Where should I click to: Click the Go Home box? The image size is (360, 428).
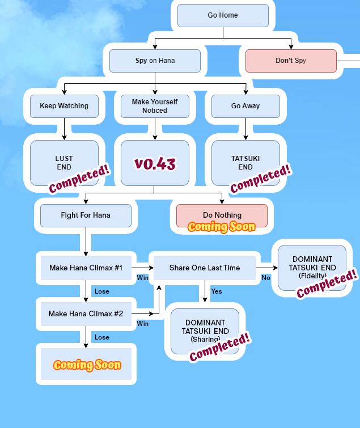[x=223, y=15]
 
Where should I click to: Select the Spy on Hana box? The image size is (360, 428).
[x=155, y=61]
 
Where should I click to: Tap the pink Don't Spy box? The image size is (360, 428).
[x=291, y=61]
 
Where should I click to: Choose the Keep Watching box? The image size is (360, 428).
[x=64, y=106]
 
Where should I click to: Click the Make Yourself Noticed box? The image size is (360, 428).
[x=155, y=106]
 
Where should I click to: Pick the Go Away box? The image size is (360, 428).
[x=245, y=106]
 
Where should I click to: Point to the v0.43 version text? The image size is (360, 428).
[x=155, y=164]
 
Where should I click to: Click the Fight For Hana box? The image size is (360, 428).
[x=86, y=215]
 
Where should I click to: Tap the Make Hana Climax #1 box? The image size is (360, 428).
[x=86, y=268]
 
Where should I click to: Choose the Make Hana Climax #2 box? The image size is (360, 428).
[x=86, y=313]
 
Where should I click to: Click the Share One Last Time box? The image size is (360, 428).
[x=205, y=268]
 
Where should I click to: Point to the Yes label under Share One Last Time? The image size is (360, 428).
[x=217, y=291]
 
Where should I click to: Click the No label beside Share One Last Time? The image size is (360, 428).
[x=266, y=278]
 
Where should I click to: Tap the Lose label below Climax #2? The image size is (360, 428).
[x=102, y=337]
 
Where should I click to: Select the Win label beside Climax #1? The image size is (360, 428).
[x=143, y=278]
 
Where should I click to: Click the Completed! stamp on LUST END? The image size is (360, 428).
[x=79, y=179]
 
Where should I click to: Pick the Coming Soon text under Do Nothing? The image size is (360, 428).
[x=221, y=227]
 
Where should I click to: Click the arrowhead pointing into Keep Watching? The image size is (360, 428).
[x=64, y=92]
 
